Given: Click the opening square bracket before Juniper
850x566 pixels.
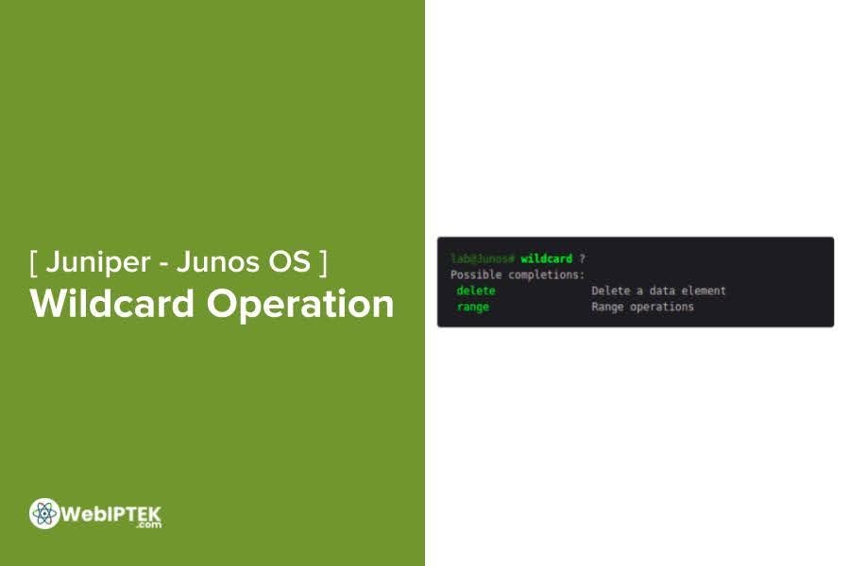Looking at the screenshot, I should pos(34,262).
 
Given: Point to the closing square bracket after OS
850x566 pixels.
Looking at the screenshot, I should pos(324,262).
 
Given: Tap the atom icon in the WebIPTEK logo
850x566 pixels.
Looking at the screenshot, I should pos(43,513).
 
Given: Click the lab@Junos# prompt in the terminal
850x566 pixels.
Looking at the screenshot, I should pos(482,258).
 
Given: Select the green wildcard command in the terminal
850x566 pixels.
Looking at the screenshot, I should pos(546,258).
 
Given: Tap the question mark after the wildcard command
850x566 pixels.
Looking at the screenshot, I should pos(583,258).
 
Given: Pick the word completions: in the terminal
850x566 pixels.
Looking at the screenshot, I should pos(547,275).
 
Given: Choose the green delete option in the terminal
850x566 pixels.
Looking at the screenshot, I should pos(476,291).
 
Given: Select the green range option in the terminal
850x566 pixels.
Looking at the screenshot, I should pos(472,307).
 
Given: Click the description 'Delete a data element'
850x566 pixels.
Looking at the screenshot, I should pos(658,291).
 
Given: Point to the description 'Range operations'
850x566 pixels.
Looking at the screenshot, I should pos(642,307).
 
